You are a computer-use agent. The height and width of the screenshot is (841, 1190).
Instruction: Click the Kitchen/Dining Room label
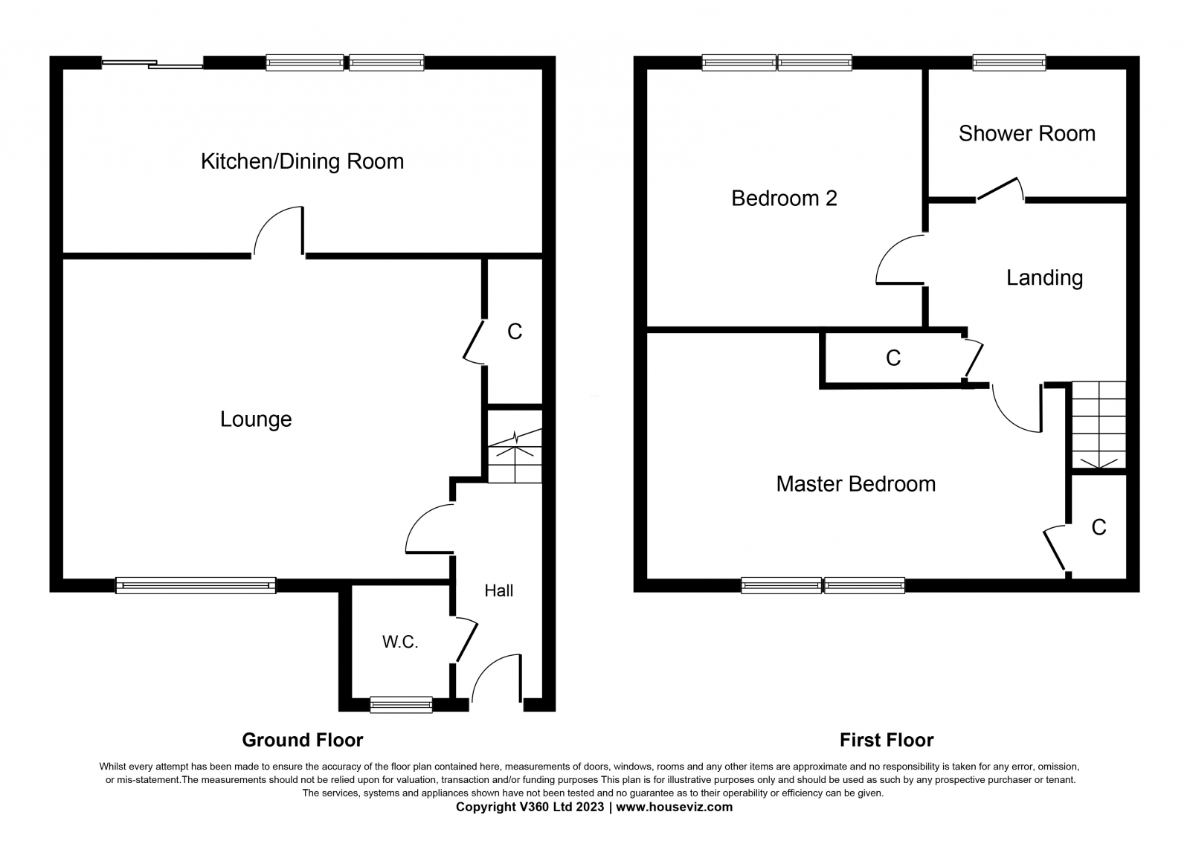(x=302, y=161)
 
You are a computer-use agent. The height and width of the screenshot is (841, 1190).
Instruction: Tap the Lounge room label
(x=256, y=419)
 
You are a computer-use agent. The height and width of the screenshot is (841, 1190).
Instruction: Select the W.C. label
(x=400, y=642)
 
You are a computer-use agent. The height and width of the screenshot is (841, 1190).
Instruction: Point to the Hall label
(x=499, y=590)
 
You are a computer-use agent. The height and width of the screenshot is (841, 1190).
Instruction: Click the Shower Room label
(x=1027, y=134)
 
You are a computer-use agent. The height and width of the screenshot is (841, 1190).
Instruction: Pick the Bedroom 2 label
(x=784, y=199)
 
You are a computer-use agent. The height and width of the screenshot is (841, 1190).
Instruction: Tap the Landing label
(x=1044, y=278)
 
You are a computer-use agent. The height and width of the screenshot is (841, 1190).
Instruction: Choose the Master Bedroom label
(x=856, y=485)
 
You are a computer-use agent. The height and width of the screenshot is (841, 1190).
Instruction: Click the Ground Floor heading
(x=303, y=740)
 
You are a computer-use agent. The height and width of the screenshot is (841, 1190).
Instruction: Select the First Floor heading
(x=887, y=740)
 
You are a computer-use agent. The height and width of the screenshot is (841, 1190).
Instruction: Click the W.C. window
(x=401, y=704)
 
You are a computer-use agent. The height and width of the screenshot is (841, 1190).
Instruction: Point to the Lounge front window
(x=196, y=585)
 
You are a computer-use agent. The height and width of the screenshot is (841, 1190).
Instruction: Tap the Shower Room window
(x=1009, y=62)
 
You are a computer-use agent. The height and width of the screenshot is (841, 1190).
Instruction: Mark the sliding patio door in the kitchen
(x=152, y=64)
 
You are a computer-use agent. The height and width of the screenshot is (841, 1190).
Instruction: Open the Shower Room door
(x=998, y=190)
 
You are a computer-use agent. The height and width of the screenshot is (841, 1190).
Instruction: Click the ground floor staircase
(x=515, y=456)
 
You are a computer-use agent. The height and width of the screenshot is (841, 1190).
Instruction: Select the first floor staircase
(x=1099, y=425)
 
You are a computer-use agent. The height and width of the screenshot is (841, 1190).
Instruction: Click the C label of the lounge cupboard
(x=515, y=332)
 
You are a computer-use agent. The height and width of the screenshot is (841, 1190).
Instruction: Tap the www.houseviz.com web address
(x=674, y=807)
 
